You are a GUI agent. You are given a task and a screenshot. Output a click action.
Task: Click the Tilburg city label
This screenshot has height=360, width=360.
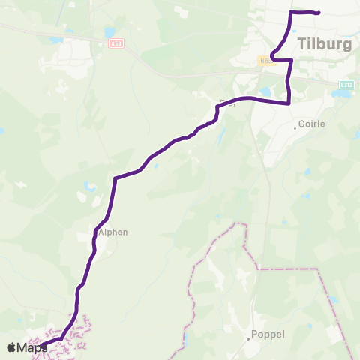click(x=325, y=43)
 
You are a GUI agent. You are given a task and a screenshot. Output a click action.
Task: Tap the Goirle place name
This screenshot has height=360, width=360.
click(x=312, y=124)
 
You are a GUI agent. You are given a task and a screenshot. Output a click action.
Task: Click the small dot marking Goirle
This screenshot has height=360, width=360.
click(x=295, y=127)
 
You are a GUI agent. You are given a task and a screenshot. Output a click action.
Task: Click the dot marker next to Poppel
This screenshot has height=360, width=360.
click(x=248, y=338)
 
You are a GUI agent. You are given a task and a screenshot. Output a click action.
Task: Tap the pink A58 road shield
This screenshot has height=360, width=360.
click(x=115, y=44)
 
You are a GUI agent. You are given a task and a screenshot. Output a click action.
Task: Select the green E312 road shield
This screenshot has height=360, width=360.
click(x=346, y=85)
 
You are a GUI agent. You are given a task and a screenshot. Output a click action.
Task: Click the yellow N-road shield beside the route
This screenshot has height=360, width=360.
click(x=264, y=60)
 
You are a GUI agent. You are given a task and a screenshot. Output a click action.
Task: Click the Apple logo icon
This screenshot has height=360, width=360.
click(x=11, y=347)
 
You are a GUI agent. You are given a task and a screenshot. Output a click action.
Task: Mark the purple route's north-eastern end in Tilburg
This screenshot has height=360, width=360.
click(x=319, y=13)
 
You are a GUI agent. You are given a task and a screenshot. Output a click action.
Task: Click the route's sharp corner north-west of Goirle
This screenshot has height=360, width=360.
click(x=289, y=103)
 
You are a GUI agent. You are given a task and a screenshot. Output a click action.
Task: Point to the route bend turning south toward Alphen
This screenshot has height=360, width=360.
click(x=114, y=178)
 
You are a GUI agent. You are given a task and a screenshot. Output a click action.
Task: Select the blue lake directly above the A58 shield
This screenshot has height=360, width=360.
click(x=110, y=33)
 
